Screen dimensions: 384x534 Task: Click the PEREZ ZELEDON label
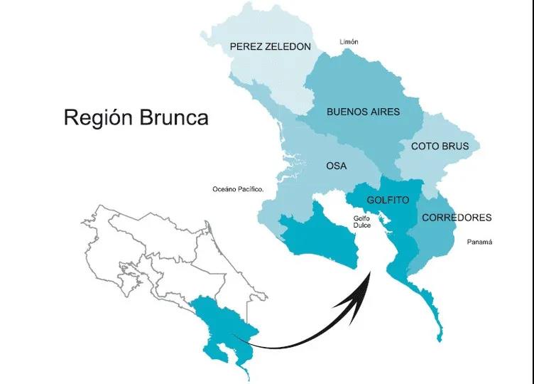pyautogui.click(x=271, y=47)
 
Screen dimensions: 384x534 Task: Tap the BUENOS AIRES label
pyautogui.click(x=363, y=112)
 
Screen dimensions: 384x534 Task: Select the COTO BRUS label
pyautogui.click(x=438, y=146)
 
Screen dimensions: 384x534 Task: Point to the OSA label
pyautogui.click(x=336, y=166)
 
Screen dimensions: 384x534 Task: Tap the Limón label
pyautogui.click(x=349, y=42)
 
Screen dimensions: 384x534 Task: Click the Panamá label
pyautogui.click(x=480, y=242)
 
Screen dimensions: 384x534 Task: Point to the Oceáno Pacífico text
pyautogui.click(x=238, y=190)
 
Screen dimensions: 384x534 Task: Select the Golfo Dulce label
pyautogui.click(x=363, y=223)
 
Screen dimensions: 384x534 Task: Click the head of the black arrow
pyautogui.click(x=369, y=273)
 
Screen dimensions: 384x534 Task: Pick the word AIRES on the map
pyautogui.click(x=384, y=112)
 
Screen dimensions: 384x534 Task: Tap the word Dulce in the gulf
pyautogui.click(x=363, y=227)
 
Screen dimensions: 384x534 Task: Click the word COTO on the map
pyautogui.click(x=424, y=146)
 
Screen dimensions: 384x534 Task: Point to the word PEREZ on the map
pyautogui.click(x=246, y=47)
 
